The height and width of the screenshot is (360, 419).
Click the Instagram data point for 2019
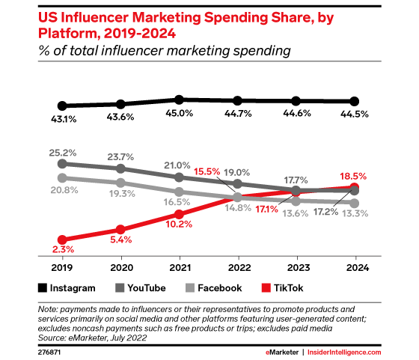(x=62, y=106)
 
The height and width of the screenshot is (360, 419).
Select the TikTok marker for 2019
(x=62, y=240)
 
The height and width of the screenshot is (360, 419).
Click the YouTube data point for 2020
(x=120, y=168)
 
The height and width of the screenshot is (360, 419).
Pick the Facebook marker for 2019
(x=62, y=178)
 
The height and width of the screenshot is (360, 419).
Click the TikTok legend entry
(x=283, y=287)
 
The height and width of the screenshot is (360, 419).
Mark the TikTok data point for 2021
(x=179, y=214)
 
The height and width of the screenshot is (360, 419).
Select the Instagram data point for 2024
(x=354, y=102)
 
